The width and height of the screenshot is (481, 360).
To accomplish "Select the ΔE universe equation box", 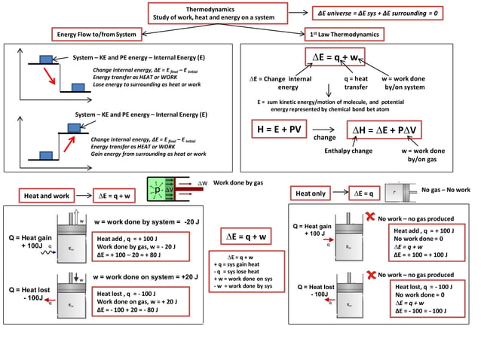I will [378, 14].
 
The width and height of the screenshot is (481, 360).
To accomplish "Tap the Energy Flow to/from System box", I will [97, 34].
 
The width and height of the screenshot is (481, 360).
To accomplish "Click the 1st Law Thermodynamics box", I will [345, 34].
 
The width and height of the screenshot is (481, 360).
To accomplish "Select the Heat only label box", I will [311, 194].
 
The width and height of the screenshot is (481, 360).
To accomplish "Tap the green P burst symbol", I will [158, 191].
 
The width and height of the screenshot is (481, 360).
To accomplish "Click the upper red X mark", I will [370, 217].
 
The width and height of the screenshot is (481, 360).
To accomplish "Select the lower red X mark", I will [370, 274].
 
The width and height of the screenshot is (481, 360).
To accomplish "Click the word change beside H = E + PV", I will [324, 138].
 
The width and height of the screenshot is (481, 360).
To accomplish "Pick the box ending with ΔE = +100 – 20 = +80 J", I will [141, 246].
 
